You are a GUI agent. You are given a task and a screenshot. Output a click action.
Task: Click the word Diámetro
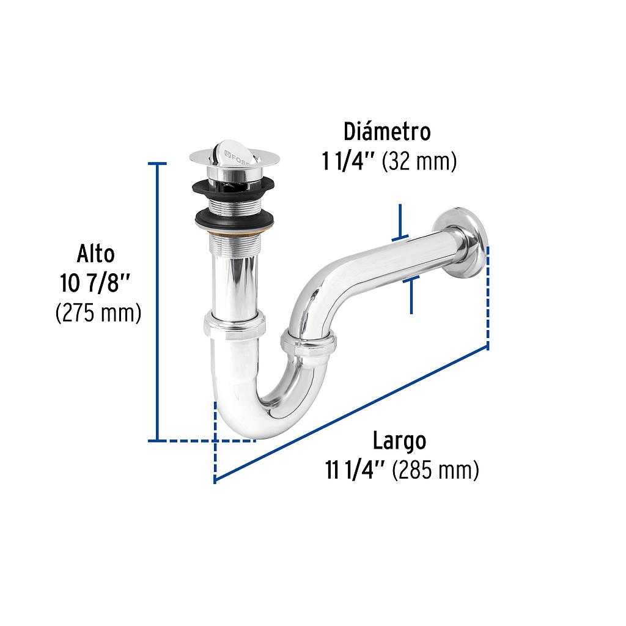click(x=387, y=131)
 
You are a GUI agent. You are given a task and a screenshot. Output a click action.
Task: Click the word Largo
click(x=399, y=440)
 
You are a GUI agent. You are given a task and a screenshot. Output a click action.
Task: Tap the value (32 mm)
click(x=419, y=162)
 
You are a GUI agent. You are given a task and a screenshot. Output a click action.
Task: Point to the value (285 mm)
click(x=435, y=471)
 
